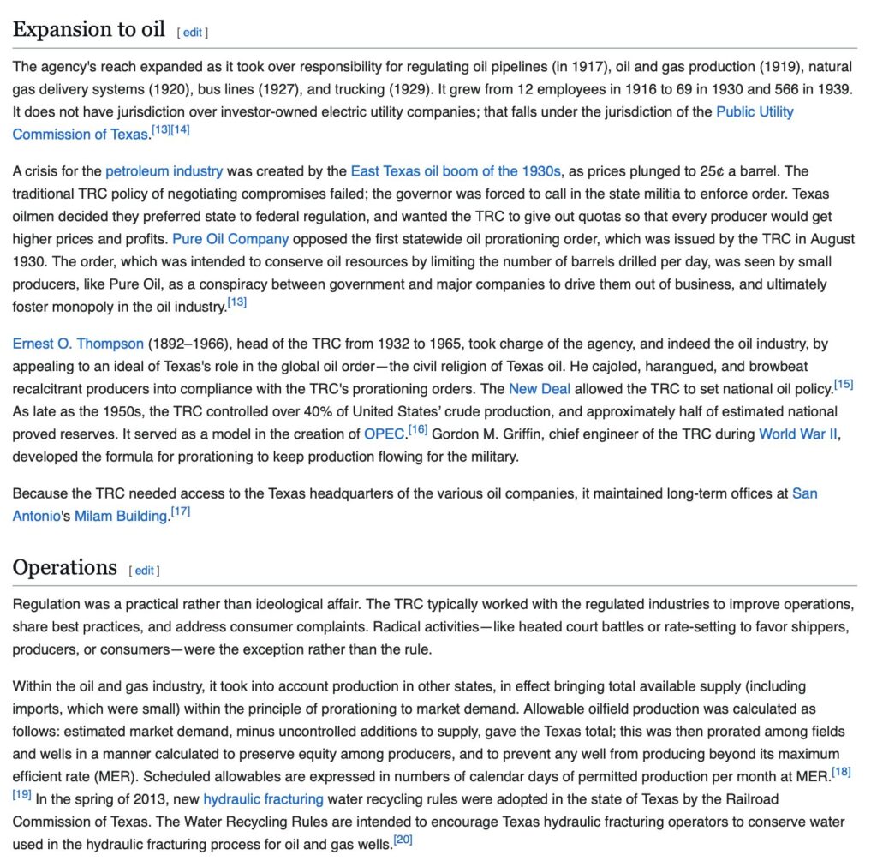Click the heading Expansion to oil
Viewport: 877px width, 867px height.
(x=88, y=29)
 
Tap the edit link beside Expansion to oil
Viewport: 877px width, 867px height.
(x=192, y=33)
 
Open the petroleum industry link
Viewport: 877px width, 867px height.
(x=164, y=171)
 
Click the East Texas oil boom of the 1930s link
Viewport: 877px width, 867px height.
(x=456, y=171)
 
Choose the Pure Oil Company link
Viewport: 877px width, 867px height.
(x=230, y=239)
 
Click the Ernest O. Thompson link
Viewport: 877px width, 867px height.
(x=78, y=344)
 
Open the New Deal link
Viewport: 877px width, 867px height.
(x=540, y=388)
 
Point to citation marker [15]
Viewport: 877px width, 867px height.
(x=843, y=384)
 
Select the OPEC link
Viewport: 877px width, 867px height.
(x=384, y=433)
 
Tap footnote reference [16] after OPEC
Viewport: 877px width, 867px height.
(x=417, y=429)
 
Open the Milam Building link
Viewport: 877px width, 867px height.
(x=120, y=516)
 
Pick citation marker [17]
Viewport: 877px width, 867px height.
(x=181, y=511)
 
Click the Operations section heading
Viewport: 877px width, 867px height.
(x=64, y=567)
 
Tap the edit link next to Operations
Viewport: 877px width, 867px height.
(x=144, y=571)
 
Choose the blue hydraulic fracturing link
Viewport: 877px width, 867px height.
(x=263, y=799)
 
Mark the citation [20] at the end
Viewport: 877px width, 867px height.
(x=403, y=840)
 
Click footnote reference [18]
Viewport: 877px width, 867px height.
(x=841, y=773)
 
